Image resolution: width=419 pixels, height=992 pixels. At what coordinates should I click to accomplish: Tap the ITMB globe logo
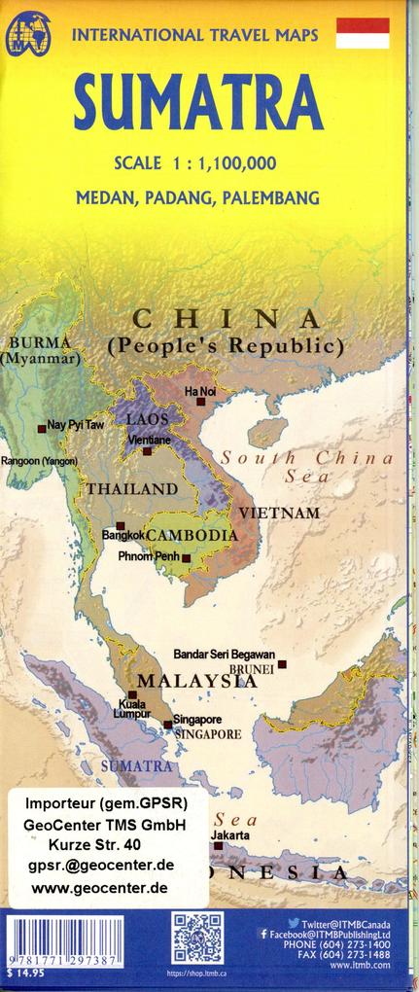click(27, 37)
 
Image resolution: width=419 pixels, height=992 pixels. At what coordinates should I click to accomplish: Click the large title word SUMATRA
click(198, 104)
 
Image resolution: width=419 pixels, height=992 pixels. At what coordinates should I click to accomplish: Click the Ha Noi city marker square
click(200, 401)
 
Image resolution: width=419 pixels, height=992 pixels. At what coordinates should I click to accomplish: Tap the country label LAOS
click(149, 420)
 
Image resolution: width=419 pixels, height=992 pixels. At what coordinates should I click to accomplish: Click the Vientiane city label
click(150, 440)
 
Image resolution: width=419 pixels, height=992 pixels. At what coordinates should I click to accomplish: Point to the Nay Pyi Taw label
click(75, 426)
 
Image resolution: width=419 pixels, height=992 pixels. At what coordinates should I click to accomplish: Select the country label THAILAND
click(131, 488)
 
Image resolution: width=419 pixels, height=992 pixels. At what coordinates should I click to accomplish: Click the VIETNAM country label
click(279, 512)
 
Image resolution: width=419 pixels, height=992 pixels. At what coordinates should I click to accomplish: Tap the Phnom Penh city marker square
click(186, 558)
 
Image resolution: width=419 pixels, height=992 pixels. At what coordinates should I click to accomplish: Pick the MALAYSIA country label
click(197, 681)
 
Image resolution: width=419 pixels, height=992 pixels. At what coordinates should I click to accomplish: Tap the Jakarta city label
click(230, 835)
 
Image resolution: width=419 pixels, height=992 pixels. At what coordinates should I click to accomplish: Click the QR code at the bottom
click(197, 939)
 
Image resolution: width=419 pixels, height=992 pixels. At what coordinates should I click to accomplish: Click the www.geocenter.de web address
click(99, 888)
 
